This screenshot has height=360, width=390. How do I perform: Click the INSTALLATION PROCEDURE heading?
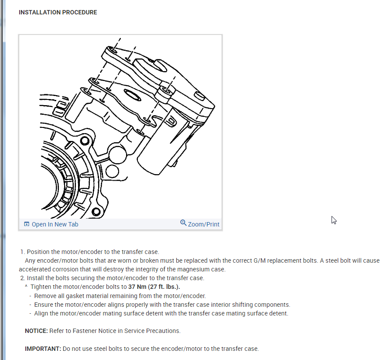(58, 12)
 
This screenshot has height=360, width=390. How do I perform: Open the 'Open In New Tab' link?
(55, 224)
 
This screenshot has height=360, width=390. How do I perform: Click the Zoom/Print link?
(203, 224)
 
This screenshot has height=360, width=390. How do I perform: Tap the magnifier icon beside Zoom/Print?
(183, 223)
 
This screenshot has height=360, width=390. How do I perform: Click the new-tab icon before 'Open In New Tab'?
(27, 224)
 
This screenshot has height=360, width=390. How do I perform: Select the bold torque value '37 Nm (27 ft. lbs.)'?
(154, 287)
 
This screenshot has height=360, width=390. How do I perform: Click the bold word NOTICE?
(36, 331)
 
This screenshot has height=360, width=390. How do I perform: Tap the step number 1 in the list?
(22, 252)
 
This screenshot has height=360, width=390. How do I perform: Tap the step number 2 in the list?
(22, 278)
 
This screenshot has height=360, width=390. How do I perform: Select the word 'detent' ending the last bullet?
(278, 313)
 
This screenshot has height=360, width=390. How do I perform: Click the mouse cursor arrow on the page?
(334, 220)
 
